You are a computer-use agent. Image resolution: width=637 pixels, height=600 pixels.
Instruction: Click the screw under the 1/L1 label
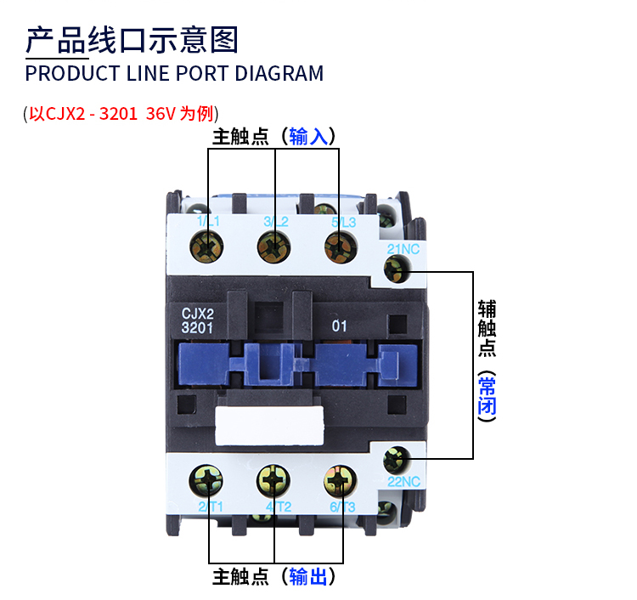coord(206,246)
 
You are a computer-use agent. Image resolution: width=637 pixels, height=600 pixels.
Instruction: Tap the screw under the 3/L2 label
coord(273,246)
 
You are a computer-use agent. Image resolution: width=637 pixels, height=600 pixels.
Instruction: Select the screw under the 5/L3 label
coord(341,246)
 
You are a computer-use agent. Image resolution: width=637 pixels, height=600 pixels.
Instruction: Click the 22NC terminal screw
coord(396,460)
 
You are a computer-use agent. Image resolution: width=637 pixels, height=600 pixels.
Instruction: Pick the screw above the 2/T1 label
coord(206,481)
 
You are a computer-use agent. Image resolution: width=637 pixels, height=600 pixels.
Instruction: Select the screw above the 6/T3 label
coord(341,481)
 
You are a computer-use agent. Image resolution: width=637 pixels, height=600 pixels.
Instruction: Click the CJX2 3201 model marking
coord(197,320)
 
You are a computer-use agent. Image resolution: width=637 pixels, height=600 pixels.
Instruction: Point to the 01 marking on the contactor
coord(339,326)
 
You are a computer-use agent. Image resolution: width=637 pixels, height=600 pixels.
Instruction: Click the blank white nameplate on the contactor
coord(269,425)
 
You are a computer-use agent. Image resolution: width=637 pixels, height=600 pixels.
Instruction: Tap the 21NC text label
coord(403,249)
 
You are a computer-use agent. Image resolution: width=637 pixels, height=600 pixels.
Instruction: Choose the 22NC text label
coord(403,482)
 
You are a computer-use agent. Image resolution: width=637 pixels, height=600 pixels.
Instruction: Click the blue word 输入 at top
coord(308,136)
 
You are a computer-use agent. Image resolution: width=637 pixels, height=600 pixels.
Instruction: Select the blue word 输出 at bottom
coord(308,576)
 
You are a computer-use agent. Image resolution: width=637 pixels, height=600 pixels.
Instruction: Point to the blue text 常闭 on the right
coord(488,395)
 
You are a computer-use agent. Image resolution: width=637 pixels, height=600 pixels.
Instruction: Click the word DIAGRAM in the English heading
coord(279,74)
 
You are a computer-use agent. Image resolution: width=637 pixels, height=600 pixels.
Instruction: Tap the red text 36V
coord(161,113)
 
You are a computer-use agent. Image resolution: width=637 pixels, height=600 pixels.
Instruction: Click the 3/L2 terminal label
coord(276,222)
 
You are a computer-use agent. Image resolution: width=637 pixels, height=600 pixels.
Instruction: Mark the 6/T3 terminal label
coord(342,507)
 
